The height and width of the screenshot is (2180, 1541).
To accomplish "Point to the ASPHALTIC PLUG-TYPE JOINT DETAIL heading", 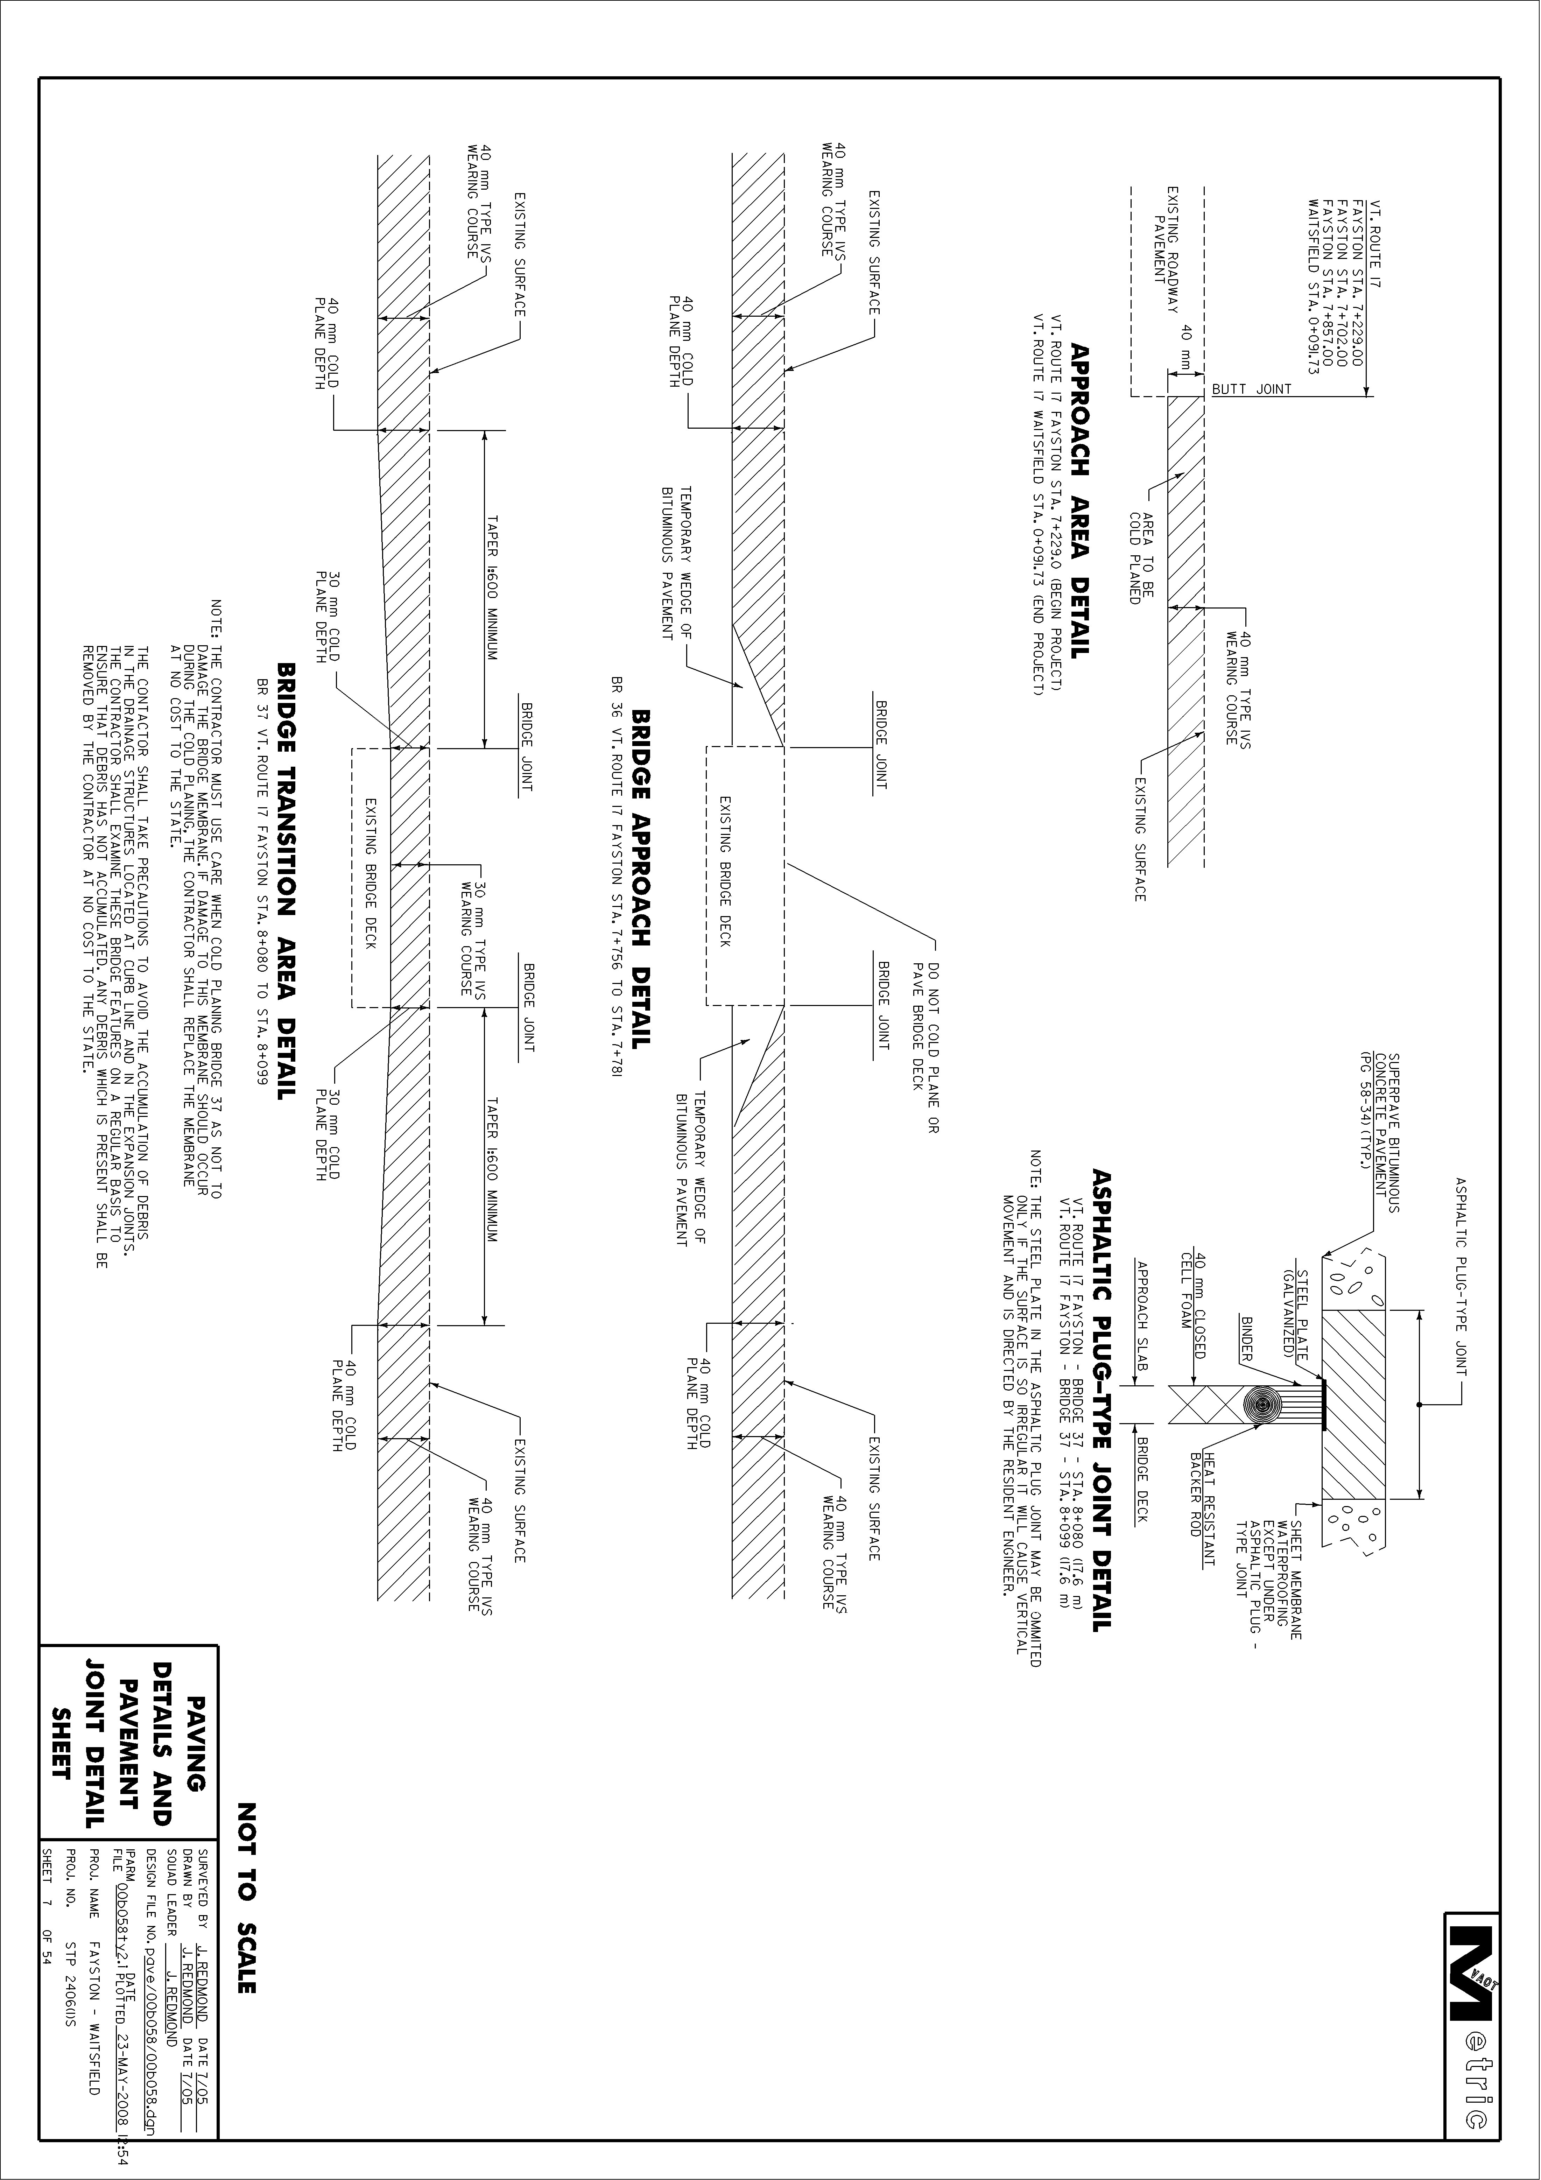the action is click(x=1102, y=1400).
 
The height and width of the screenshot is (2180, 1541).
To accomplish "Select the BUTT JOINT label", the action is click(x=1251, y=389).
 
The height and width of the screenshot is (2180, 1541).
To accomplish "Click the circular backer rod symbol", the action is click(x=1263, y=1405).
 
